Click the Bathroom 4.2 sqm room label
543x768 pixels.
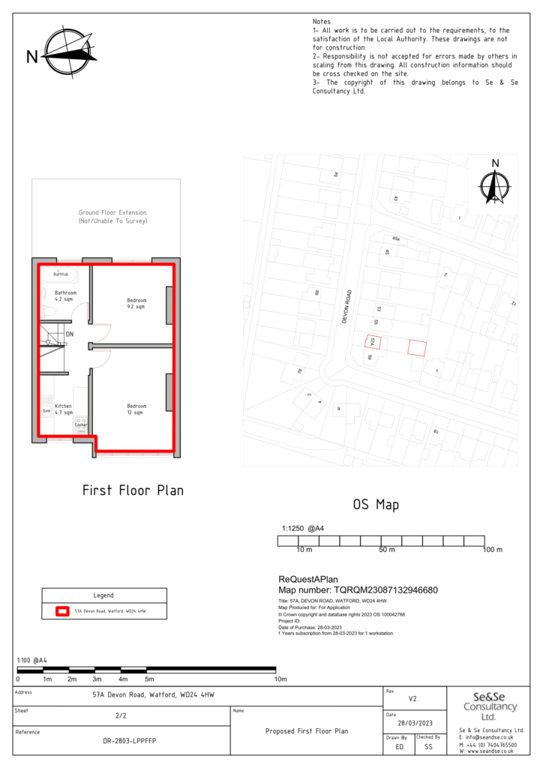[65, 295]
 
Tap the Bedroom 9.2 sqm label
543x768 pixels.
[136, 303]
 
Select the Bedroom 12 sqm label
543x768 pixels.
[136, 409]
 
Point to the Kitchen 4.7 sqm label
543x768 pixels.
[63, 409]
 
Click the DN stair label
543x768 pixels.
[70, 334]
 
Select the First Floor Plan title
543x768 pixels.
[133, 490]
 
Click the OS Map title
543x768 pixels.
[376, 505]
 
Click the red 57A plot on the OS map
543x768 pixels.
[373, 342]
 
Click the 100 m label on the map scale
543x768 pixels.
[492, 550]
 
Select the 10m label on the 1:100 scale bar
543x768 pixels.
[281, 679]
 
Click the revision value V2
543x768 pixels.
[412, 698]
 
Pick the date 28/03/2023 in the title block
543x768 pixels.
[413, 722]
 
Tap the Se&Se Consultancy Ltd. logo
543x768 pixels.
[490, 706]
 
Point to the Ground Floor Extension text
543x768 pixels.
[112, 217]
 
